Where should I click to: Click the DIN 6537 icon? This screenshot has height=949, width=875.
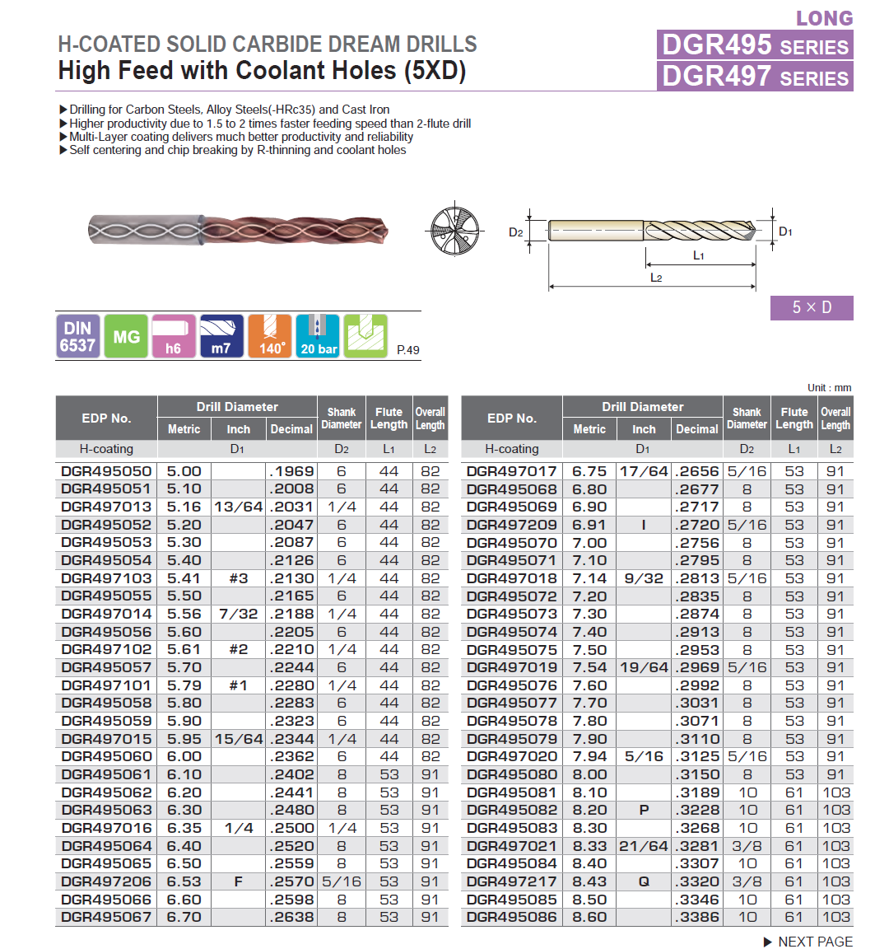[x=77, y=336]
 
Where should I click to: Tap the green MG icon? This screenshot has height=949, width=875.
[x=126, y=336]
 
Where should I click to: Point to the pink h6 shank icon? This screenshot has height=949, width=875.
[x=174, y=336]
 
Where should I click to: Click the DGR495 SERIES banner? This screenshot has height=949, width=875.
[x=755, y=44]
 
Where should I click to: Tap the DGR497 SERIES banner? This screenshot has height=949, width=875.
[x=755, y=77]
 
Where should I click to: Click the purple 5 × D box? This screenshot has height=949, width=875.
[x=812, y=307]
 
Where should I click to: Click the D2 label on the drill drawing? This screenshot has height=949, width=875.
[x=516, y=232]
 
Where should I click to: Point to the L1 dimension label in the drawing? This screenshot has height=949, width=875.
[x=698, y=256]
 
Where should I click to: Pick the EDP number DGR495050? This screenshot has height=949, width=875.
[x=107, y=471]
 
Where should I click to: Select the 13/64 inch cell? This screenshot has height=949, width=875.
[x=238, y=507]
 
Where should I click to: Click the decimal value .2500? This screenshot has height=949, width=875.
[x=292, y=828]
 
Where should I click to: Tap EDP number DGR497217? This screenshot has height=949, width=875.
[x=512, y=881]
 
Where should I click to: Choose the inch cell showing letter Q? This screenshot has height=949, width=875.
[x=644, y=881]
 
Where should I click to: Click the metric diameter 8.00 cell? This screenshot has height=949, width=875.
[x=589, y=774]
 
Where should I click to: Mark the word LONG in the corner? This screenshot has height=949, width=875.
[x=825, y=18]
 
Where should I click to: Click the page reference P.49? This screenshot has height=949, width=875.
[x=407, y=350]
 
